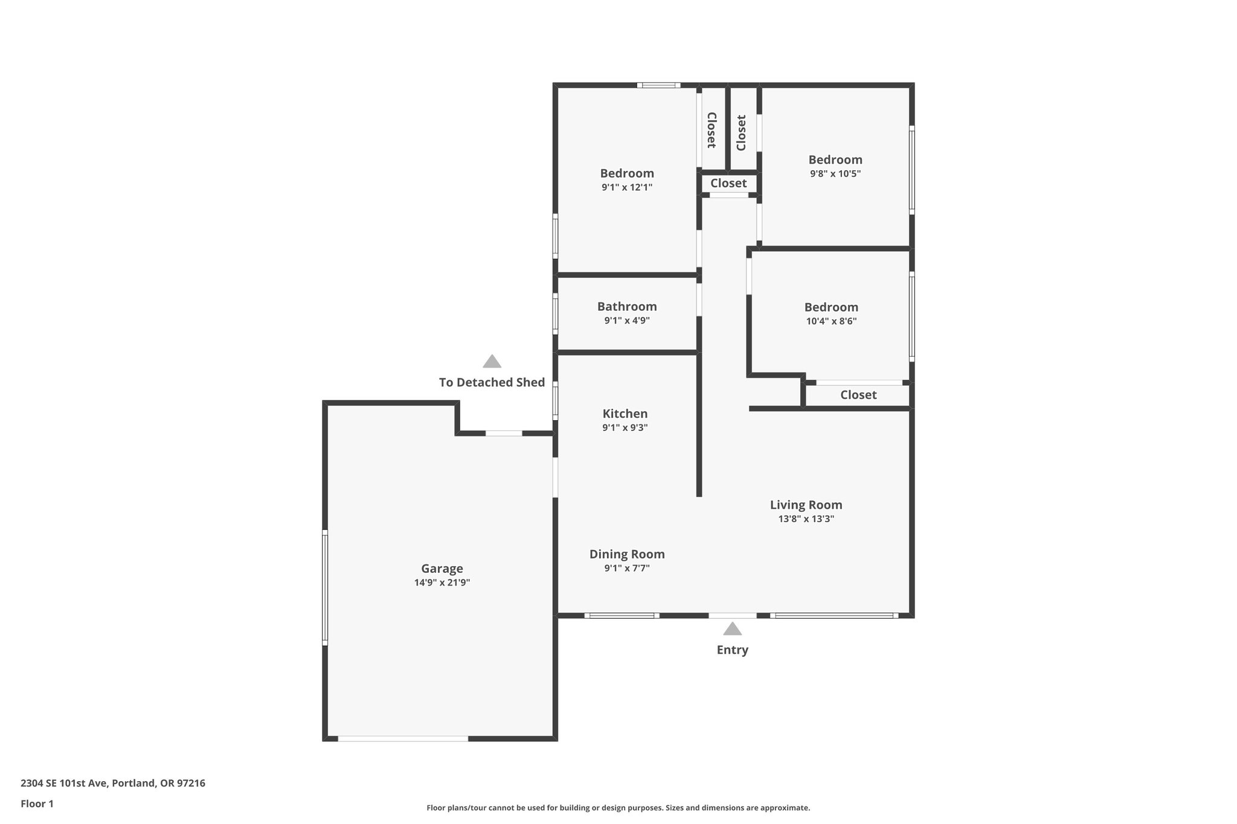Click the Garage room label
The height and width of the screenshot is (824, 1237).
pyautogui.click(x=442, y=568)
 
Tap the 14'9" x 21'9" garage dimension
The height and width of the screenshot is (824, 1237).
pyautogui.click(x=442, y=583)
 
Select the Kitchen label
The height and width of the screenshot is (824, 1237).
pyautogui.click(x=625, y=414)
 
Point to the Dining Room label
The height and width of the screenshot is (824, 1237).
pyautogui.click(x=627, y=554)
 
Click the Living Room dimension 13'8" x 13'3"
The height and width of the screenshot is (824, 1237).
pyautogui.click(x=806, y=519)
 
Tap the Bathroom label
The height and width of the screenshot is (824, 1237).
pyautogui.click(x=627, y=307)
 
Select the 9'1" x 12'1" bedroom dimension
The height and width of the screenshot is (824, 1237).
pyautogui.click(x=627, y=188)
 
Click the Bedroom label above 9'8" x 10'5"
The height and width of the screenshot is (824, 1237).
pyautogui.click(x=835, y=159)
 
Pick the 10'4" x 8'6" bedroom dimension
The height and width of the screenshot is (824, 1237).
pyautogui.click(x=831, y=321)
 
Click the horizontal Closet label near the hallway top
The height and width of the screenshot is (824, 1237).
pyautogui.click(x=728, y=183)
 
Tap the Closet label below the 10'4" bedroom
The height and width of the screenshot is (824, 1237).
pyautogui.click(x=858, y=395)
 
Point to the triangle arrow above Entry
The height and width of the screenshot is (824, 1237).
pyautogui.click(x=732, y=629)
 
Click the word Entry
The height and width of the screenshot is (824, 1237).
pyautogui.click(x=732, y=650)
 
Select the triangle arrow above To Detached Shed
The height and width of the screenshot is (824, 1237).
pyautogui.click(x=492, y=362)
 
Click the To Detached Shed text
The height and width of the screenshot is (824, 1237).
pyautogui.click(x=492, y=382)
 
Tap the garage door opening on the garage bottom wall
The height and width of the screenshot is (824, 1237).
pyautogui.click(x=403, y=738)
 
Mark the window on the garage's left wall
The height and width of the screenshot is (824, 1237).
pyautogui.click(x=325, y=587)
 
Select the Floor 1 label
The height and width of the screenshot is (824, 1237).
pyautogui.click(x=37, y=803)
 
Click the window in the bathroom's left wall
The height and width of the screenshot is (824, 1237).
pyautogui.click(x=556, y=313)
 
